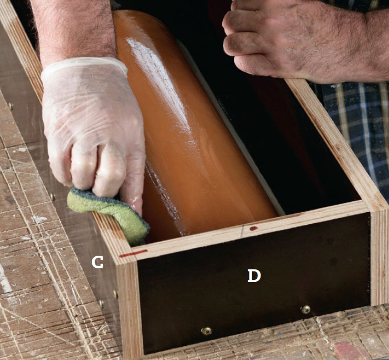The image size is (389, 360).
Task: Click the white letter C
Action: click(98, 262)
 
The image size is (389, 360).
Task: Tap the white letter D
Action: click(254, 276)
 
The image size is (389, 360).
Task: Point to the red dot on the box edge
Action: click(253, 228)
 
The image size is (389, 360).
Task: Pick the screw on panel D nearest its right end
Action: click(306, 309)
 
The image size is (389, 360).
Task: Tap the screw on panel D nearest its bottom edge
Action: click(207, 331)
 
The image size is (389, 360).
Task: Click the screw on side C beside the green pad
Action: click(52, 197)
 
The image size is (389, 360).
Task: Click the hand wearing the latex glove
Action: click(94, 129)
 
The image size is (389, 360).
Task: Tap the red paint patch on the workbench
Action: click(347, 350)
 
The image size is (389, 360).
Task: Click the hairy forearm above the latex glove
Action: click(74, 30)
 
